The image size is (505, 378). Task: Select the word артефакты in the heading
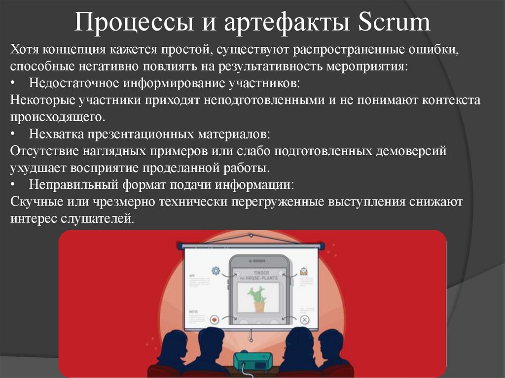pyautogui.click(x=270, y=23)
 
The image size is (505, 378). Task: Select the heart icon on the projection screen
pyautogui.click(x=214, y=319)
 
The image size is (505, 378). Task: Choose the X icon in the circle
pyautogui.click(x=304, y=320)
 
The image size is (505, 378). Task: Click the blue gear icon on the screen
pyautogui.click(x=215, y=270)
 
